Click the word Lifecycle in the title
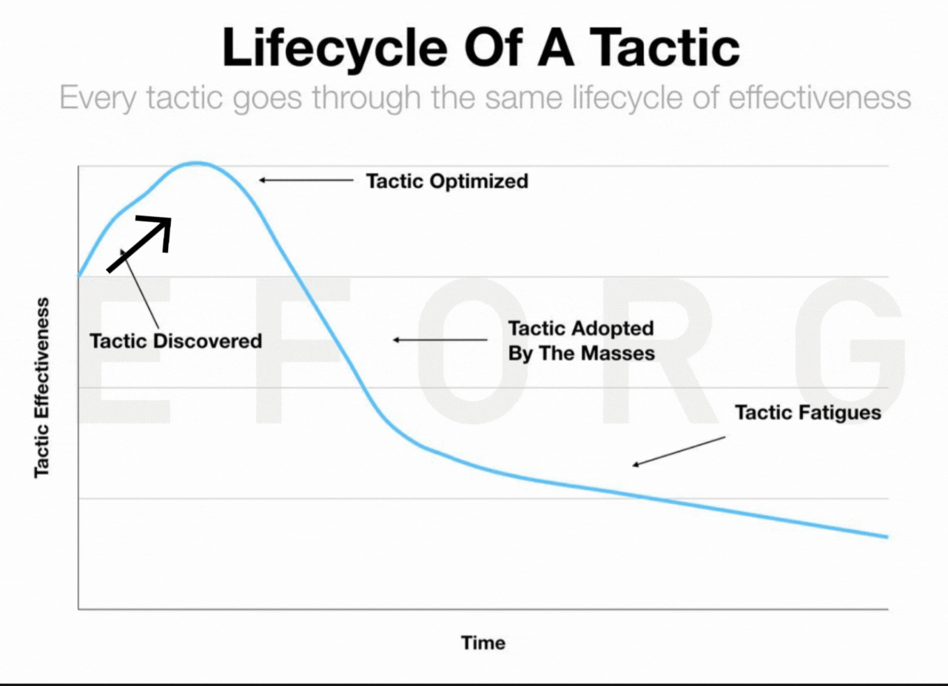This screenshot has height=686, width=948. click(335, 48)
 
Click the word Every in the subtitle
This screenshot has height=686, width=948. click(98, 98)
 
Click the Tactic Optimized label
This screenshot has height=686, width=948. click(447, 181)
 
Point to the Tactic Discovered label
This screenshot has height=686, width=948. click(176, 341)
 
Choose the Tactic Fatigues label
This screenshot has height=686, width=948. click(808, 413)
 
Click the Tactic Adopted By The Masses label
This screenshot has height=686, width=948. click(582, 340)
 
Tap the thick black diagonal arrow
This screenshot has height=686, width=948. click(139, 243)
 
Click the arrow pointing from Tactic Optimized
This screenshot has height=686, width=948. click(306, 181)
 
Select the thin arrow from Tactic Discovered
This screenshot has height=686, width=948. click(140, 288)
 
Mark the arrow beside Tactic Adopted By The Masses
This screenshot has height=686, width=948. click(440, 340)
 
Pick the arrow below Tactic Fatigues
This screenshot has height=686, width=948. click(679, 451)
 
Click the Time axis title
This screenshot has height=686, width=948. click(483, 643)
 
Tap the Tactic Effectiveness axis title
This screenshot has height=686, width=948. click(42, 388)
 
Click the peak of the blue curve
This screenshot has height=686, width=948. click(195, 164)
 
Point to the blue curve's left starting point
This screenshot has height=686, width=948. click(79, 275)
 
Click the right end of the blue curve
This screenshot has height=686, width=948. click(887, 537)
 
